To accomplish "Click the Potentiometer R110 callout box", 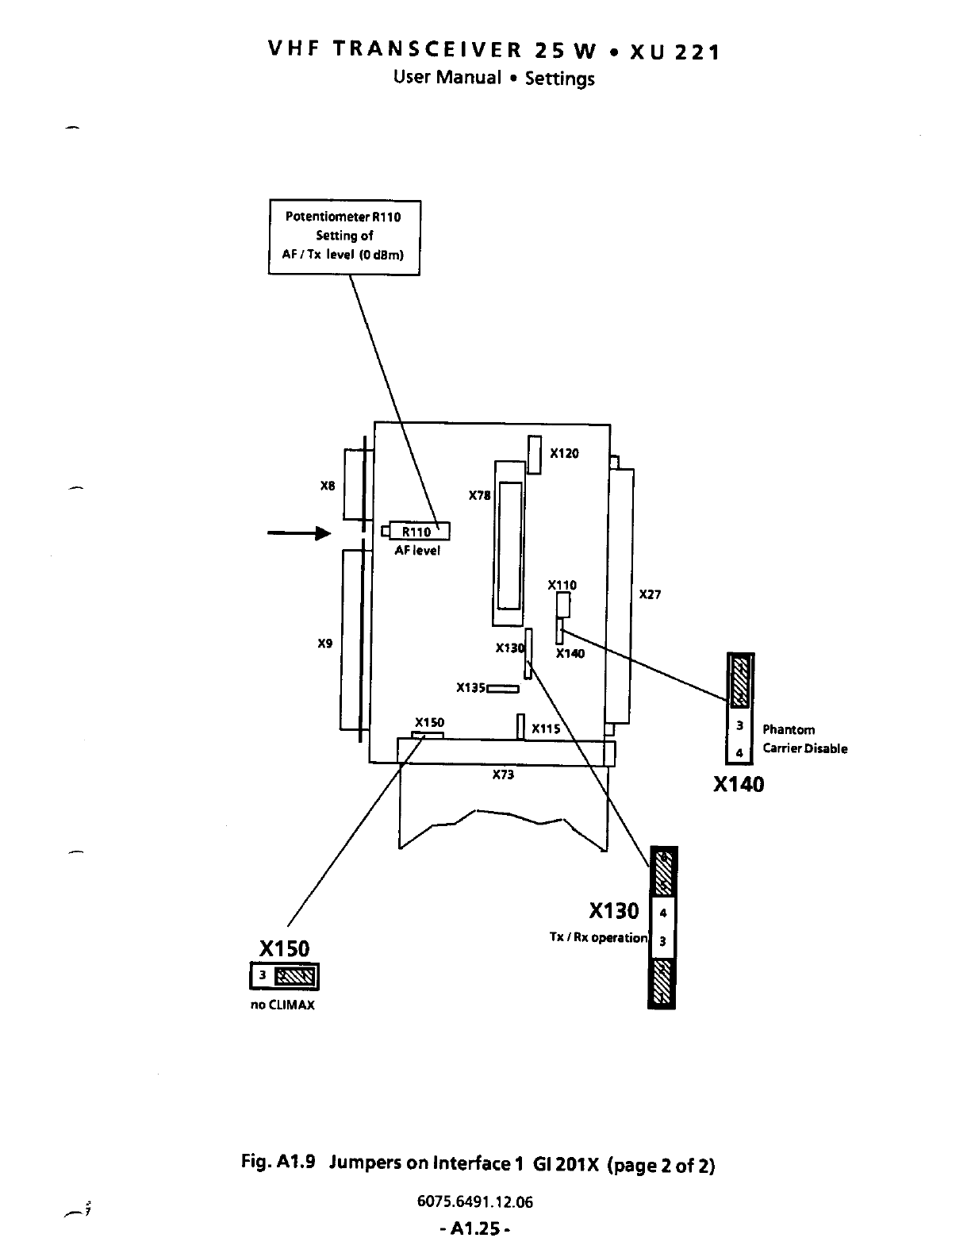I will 344,236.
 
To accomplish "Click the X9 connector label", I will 324,644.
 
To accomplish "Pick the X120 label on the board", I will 564,453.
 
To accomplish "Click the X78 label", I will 479,495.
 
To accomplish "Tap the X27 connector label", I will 650,594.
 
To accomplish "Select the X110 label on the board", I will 562,585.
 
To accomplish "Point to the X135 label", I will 470,687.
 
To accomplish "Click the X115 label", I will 546,728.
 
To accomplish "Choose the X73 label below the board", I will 503,775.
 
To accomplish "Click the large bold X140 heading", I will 739,785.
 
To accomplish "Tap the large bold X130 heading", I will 613,910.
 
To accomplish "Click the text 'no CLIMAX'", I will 282,1005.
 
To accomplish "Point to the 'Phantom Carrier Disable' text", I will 804,739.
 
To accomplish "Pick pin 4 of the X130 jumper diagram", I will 663,913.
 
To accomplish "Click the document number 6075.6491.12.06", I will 475,1201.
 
